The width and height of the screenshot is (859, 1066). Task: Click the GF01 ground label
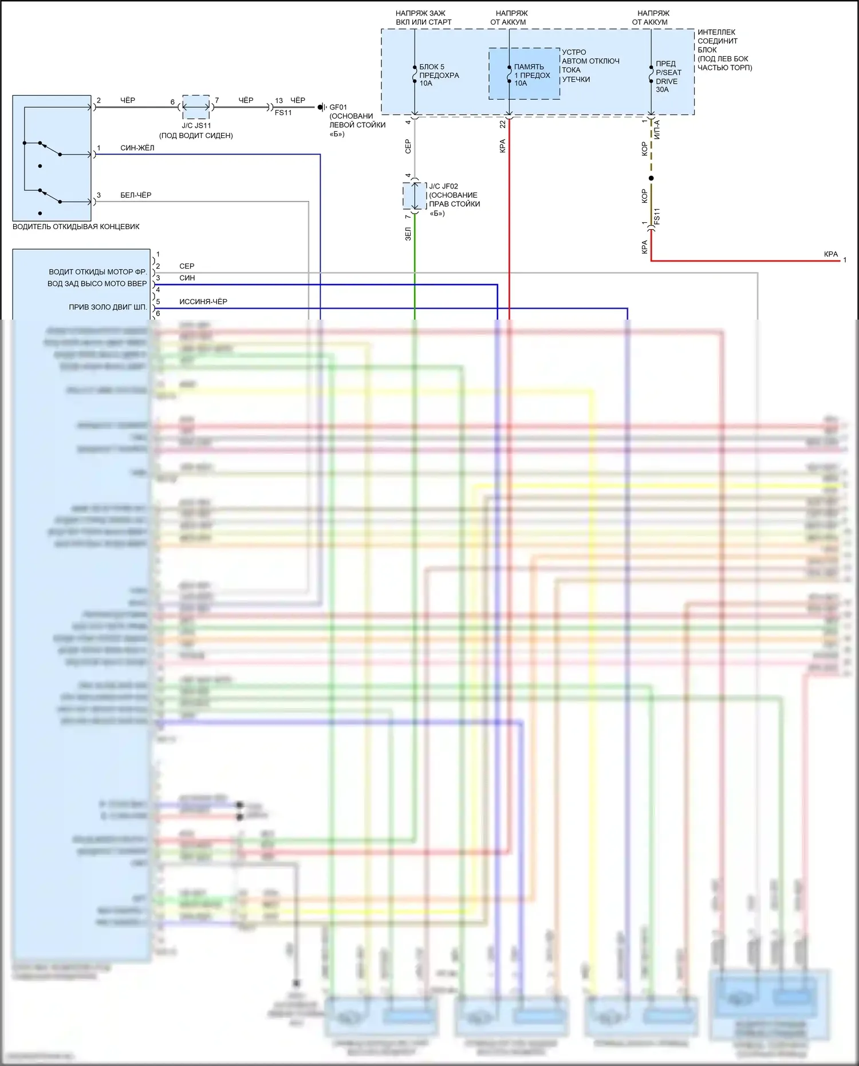338,107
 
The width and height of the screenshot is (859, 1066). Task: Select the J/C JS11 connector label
196,125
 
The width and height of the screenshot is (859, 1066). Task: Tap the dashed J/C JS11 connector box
196,107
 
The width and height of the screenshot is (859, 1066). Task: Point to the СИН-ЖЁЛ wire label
137,148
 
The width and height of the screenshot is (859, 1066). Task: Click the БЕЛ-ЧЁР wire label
136,195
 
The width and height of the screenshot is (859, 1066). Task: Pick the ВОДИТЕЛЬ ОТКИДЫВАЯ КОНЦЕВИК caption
76,226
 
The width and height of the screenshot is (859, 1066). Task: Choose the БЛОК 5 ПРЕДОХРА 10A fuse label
439,75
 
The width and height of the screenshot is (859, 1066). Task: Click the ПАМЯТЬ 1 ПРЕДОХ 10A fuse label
531,75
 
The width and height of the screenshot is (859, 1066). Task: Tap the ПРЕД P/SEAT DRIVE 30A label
668,76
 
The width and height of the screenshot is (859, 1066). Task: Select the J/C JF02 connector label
444,186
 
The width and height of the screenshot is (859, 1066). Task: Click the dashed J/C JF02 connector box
415,195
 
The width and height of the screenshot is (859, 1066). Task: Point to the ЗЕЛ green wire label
408,234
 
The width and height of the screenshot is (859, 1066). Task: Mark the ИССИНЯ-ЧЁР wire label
203,301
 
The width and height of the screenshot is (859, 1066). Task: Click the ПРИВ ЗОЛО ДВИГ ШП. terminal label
108,307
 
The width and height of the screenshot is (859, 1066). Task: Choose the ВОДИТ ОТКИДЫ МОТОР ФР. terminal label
97,272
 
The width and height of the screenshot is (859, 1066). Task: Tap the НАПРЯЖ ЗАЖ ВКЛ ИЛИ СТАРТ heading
423,18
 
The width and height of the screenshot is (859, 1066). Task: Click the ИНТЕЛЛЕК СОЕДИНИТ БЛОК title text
718,41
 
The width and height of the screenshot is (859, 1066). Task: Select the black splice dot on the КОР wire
651,178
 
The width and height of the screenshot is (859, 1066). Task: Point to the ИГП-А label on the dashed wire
657,129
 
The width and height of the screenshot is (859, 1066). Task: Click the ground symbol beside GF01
322,107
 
